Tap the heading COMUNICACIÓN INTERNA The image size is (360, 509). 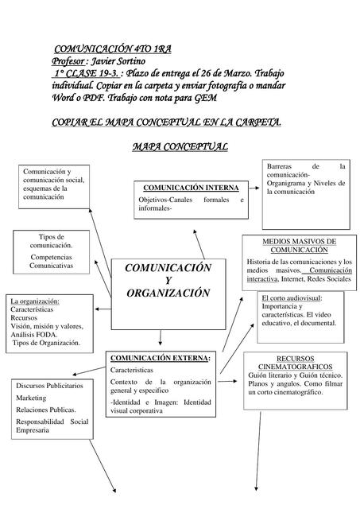(x=190, y=188)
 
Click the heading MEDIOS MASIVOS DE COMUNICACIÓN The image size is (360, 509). (x=300, y=245)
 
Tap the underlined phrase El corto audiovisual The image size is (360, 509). (x=291, y=298)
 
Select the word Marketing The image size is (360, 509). (x=31, y=397)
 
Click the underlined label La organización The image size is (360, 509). (x=35, y=301)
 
